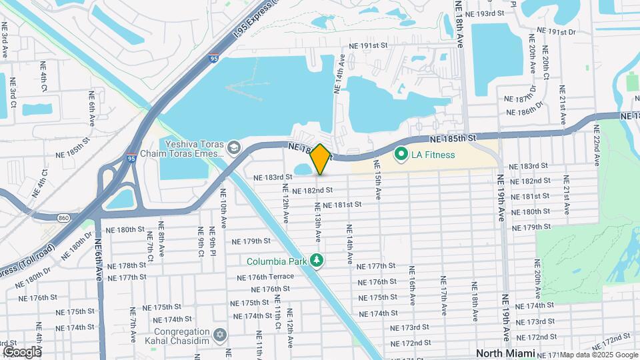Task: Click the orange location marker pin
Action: [320, 159]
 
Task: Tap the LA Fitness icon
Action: [401, 155]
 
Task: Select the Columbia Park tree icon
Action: [319, 261]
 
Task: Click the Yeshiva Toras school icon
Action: [233, 147]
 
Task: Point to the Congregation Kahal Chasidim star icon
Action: [221, 333]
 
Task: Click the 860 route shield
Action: [63, 217]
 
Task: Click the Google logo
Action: [22, 351]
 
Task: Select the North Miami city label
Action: [505, 353]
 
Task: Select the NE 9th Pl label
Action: [214, 241]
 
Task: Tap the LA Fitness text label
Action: [433, 155]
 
